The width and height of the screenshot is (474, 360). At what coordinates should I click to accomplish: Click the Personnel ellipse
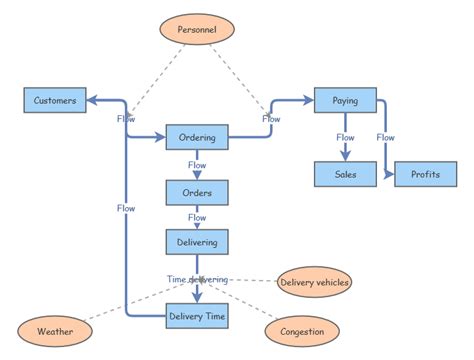196,30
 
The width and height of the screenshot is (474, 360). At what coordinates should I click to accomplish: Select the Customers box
55,100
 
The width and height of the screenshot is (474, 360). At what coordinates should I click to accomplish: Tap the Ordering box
197,136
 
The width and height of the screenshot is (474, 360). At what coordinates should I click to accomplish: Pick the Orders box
197,191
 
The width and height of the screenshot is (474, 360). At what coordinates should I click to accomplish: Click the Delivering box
197,240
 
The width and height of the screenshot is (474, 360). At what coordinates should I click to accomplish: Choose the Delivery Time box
197,316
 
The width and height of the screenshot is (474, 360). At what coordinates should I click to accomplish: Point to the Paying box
345,100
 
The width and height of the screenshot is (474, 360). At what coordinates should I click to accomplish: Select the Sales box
345,174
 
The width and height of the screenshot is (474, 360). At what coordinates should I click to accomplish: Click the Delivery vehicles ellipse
314,283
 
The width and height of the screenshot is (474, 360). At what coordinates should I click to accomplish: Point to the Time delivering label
197,279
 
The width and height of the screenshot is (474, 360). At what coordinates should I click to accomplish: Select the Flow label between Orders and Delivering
197,216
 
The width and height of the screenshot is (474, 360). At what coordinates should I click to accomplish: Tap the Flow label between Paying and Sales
345,137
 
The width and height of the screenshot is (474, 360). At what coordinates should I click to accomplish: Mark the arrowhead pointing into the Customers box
92,100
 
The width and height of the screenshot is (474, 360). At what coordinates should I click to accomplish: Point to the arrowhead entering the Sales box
345,156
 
